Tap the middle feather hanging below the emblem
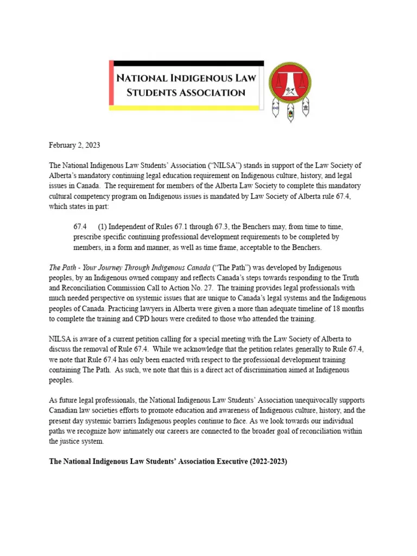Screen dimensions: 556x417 pos(291,113)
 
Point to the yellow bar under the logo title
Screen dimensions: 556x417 pos(185,108)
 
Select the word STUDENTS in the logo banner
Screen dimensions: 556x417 pos(154,92)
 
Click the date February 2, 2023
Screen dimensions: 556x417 pos(74,146)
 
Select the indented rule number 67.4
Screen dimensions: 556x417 pos(80,225)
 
